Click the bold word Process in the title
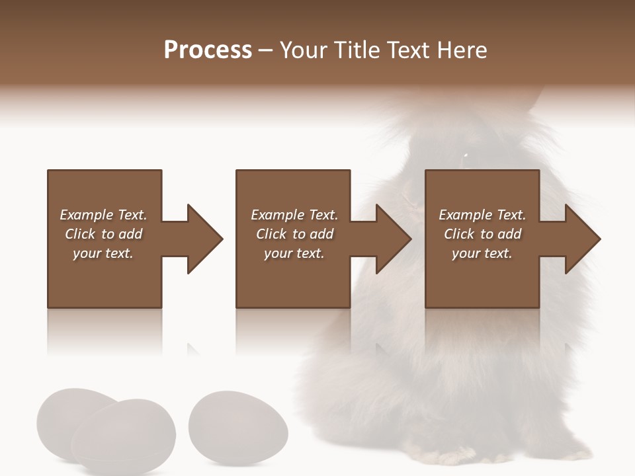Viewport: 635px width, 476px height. tap(208, 50)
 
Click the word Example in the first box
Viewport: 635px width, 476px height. tap(86, 215)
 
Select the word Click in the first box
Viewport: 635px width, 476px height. tap(81, 234)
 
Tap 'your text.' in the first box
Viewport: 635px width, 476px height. tap(103, 253)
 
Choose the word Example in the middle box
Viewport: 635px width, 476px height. tap(277, 215)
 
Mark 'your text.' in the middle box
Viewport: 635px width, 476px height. tap(294, 253)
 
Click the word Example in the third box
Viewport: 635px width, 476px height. tap(465, 215)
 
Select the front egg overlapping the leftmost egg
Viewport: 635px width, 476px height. tap(124, 436)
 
